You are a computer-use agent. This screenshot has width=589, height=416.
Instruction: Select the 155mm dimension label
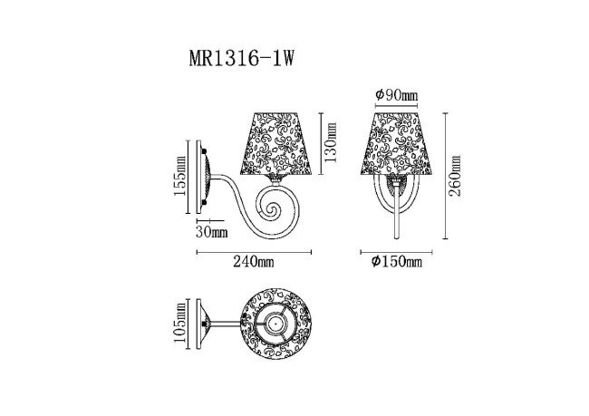pos(179,177)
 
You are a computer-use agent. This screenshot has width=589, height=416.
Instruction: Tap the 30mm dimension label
pos(212,231)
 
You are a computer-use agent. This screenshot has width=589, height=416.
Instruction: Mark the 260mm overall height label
pos(455,177)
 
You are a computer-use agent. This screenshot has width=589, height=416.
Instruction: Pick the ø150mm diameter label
pos(396,263)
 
